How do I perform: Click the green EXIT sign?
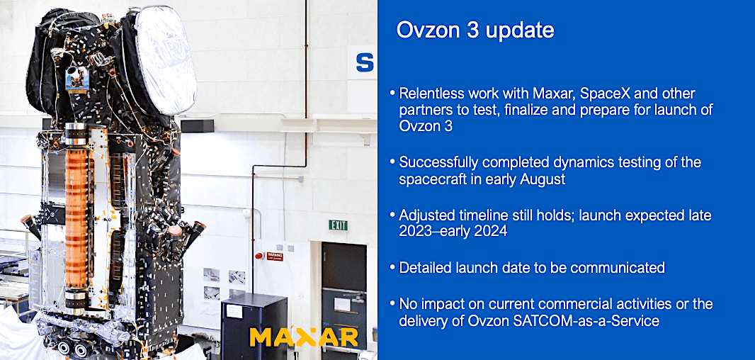click(x=338, y=225)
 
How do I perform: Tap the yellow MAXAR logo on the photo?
click(x=304, y=337)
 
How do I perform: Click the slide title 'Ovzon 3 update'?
click(x=475, y=30)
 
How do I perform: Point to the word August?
click(x=540, y=179)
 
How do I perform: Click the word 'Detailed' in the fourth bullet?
click(x=426, y=267)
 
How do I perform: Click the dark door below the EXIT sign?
click(x=344, y=291)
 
